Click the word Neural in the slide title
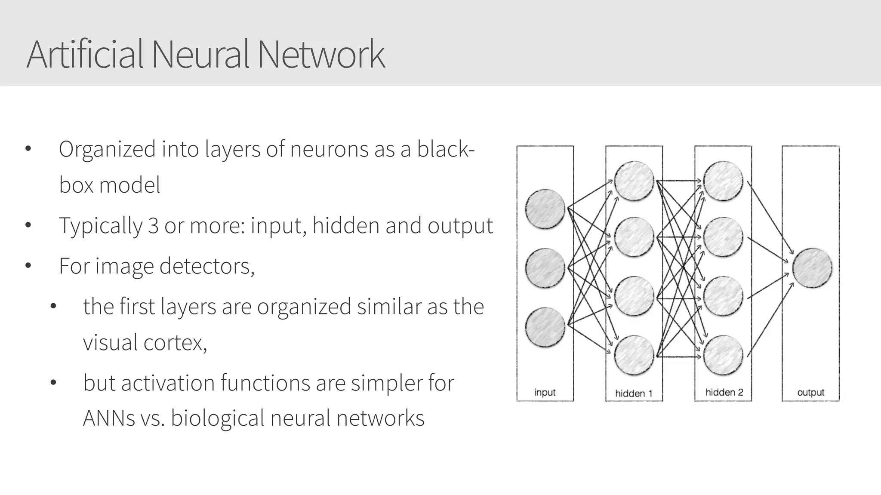200,55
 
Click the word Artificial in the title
85,55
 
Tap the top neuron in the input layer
545,209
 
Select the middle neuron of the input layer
545,268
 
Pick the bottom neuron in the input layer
545,327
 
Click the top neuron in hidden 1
634,181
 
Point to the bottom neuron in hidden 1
634,355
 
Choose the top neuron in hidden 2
723,181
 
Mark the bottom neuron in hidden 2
723,355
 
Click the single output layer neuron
812,268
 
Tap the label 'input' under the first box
545,392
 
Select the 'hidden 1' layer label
634,393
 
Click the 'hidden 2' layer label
724,392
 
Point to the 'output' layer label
811,392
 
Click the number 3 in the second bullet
153,225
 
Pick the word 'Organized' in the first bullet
107,150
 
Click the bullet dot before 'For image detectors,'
28,266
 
